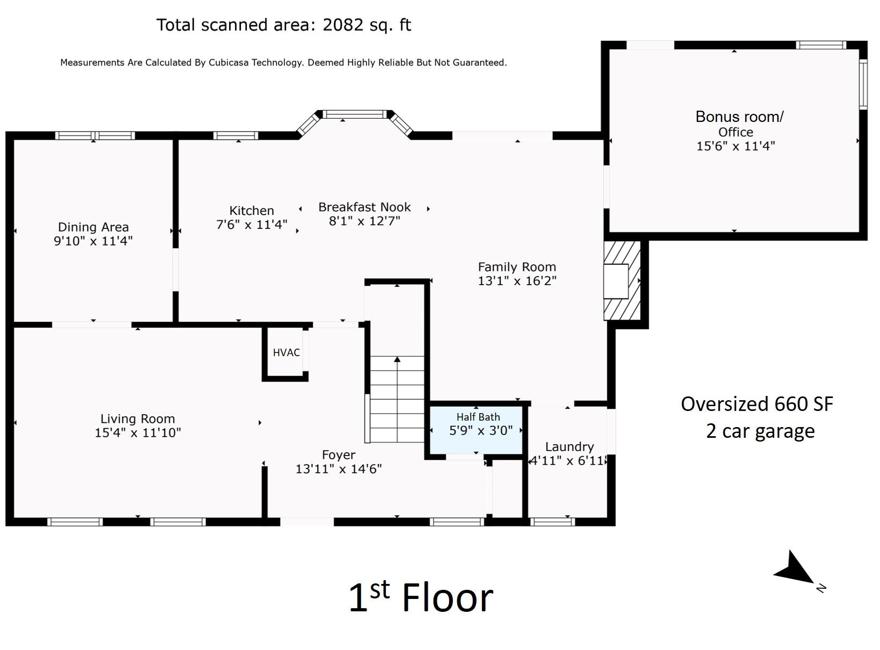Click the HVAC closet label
(x=286, y=352)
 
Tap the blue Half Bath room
(x=476, y=430)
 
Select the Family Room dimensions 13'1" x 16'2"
(x=517, y=281)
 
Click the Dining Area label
(x=93, y=227)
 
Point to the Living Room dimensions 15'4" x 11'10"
(x=138, y=432)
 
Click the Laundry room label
(x=569, y=446)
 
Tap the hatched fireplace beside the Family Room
(x=622, y=280)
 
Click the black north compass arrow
(x=794, y=568)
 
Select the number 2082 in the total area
(x=343, y=25)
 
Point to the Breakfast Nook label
(x=364, y=207)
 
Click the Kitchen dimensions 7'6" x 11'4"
(x=252, y=225)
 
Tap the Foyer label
(x=339, y=454)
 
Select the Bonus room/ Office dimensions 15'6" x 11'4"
(x=736, y=146)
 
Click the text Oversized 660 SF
(x=757, y=404)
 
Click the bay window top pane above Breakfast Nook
(x=354, y=114)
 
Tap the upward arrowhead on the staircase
(x=397, y=359)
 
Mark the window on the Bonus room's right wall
(x=863, y=84)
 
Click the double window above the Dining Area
(x=95, y=135)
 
